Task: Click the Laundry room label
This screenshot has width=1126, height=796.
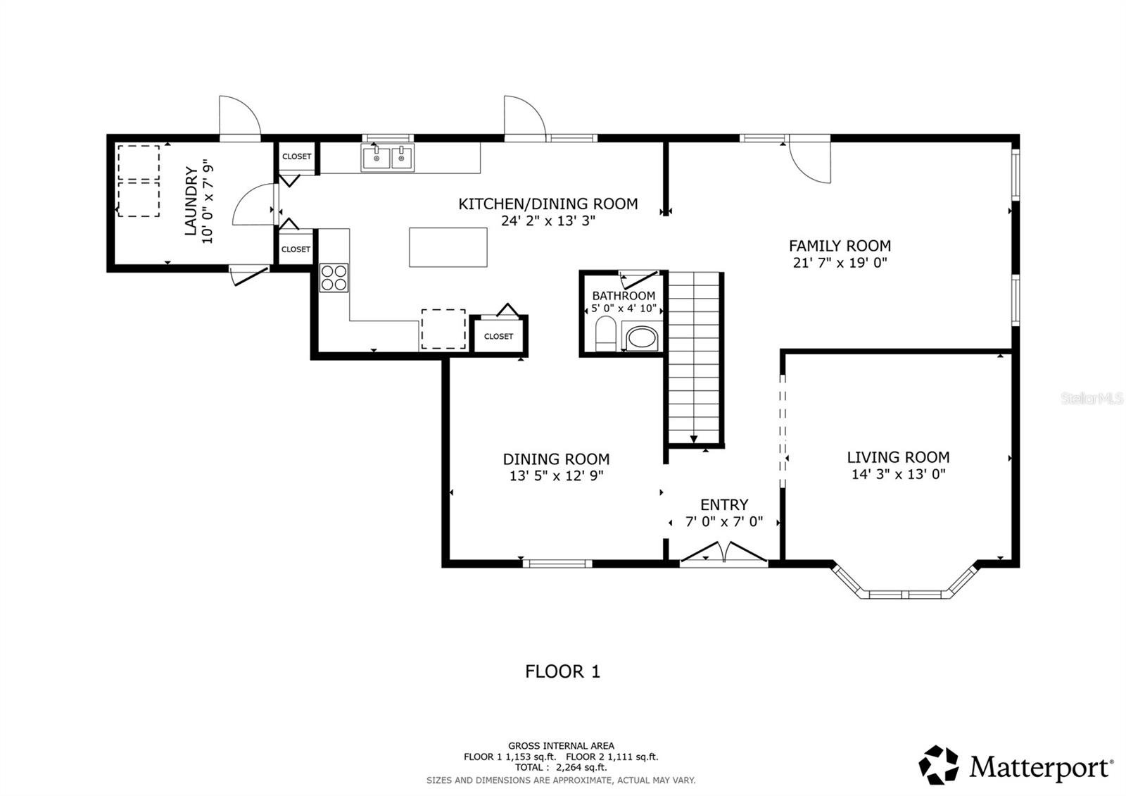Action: tap(190, 201)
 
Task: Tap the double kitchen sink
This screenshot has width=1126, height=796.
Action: tap(388, 158)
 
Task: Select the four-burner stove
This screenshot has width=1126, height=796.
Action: tap(334, 277)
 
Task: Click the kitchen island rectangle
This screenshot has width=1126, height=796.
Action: tap(448, 247)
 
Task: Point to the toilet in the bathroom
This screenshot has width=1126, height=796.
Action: tap(605, 334)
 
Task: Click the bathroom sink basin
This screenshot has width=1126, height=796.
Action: tap(641, 337)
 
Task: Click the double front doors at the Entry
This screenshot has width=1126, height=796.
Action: tap(724, 553)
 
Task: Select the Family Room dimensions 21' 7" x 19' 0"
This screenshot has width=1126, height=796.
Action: tap(840, 263)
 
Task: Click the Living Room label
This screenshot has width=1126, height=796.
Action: tap(898, 457)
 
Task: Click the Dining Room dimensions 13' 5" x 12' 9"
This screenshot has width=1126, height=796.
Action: tap(556, 475)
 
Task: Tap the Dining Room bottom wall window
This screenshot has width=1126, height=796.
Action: tap(557, 563)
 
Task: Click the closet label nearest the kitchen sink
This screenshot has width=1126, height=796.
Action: tap(296, 156)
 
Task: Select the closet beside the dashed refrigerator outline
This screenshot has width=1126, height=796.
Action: tap(498, 336)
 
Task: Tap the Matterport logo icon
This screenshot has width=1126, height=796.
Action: tap(939, 764)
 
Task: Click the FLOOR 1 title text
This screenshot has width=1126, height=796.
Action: tap(562, 671)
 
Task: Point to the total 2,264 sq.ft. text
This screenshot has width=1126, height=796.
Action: tap(560, 767)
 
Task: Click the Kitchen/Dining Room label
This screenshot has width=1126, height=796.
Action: tap(548, 204)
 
